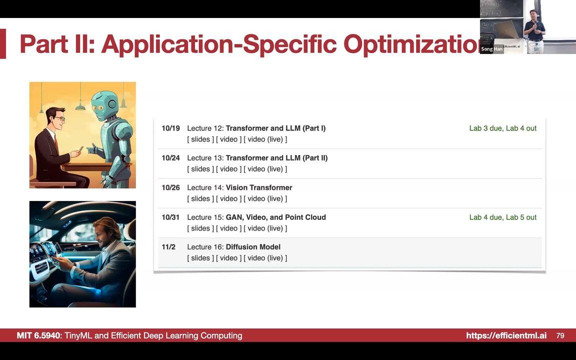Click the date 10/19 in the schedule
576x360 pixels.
coord(170,128)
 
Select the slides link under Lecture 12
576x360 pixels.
coord(200,139)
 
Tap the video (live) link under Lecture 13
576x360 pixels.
coord(265,169)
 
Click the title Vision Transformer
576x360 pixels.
coord(258,187)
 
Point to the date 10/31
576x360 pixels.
coord(170,217)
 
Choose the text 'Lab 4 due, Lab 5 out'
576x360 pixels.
coord(502,217)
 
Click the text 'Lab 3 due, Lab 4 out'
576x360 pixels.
coord(502,128)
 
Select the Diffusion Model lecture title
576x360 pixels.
coord(253,247)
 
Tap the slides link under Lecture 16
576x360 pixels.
coord(200,258)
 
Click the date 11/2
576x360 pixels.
coord(168,247)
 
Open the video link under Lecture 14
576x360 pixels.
coord(228,198)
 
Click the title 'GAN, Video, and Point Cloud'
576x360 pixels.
coord(275,217)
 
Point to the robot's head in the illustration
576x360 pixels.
coord(104,104)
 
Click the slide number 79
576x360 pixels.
coord(560,335)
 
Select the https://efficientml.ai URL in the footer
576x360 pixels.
coord(506,335)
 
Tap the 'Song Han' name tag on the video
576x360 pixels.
coord(491,49)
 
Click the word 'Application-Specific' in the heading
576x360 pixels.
coord(219,44)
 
